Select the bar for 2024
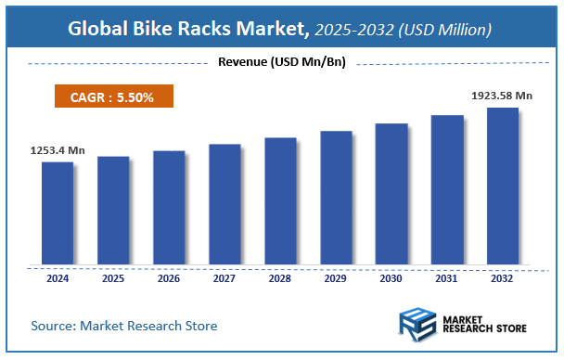[58, 212]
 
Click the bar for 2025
[113, 210]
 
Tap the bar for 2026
[169, 207]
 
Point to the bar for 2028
[280, 200]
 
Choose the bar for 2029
[336, 197]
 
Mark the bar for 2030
[391, 193]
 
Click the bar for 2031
[447, 189]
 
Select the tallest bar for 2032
[503, 186]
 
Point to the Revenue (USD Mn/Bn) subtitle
[281, 62]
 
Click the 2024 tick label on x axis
[58, 277]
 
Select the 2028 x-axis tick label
[280, 277]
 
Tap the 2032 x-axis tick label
[503, 277]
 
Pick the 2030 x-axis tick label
[391, 277]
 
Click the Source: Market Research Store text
[123, 326]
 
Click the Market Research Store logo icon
[418, 327]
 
